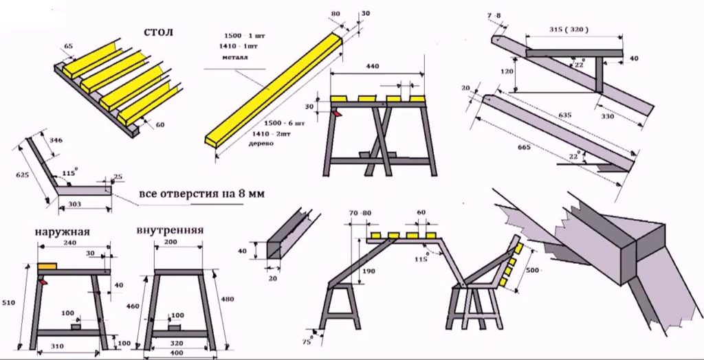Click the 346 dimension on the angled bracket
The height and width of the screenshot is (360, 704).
(x=56, y=140)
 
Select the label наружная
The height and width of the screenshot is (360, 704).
(x=63, y=232)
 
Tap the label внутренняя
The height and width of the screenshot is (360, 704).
(x=169, y=230)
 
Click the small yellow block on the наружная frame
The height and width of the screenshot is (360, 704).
(x=47, y=265)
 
